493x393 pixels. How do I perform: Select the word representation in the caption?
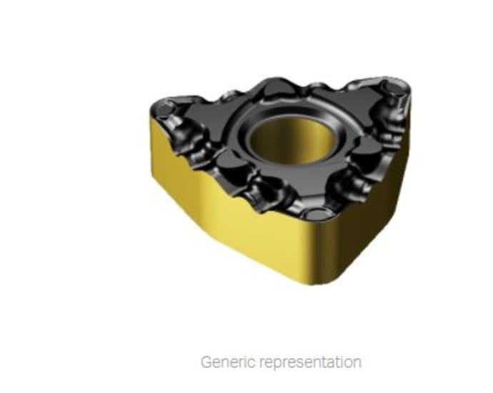(x=308, y=362)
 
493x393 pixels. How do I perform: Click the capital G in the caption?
(x=206, y=362)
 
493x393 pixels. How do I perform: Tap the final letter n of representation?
(x=356, y=362)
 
